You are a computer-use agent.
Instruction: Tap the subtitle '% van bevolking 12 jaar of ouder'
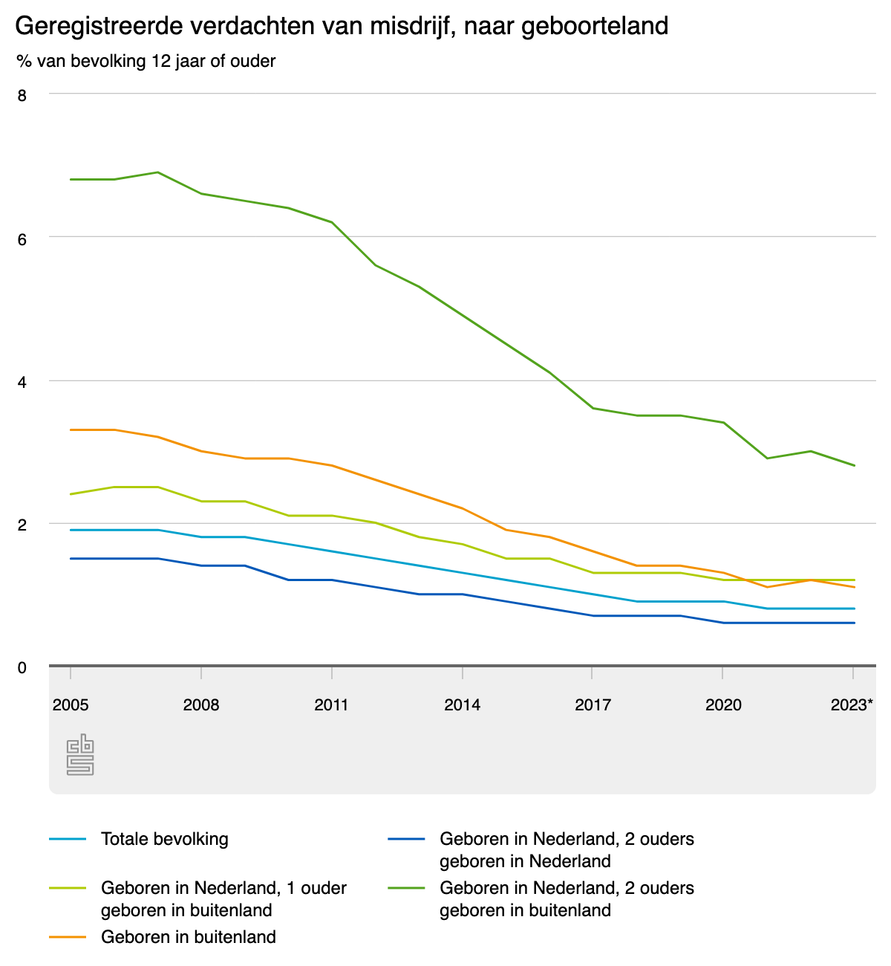146,61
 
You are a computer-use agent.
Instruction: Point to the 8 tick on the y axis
22,95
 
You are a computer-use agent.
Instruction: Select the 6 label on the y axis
22,239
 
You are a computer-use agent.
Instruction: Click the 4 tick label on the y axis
22,382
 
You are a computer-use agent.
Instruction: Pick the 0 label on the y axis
22,668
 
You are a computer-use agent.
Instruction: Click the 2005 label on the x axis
71,704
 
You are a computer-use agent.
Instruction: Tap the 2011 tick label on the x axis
331,704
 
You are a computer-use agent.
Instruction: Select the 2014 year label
462,704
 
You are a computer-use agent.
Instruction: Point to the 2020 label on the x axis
723,704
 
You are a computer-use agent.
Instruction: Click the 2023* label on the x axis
852,704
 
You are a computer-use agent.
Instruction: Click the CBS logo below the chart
80,755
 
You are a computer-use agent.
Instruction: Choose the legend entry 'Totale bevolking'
165,839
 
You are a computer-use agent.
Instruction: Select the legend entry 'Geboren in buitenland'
189,937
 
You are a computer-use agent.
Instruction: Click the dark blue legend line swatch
405,839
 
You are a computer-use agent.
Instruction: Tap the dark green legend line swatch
405,888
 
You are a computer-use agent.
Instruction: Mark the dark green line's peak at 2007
157,172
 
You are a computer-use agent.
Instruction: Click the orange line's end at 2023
855,587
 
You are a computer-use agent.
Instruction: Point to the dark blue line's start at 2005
71,558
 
